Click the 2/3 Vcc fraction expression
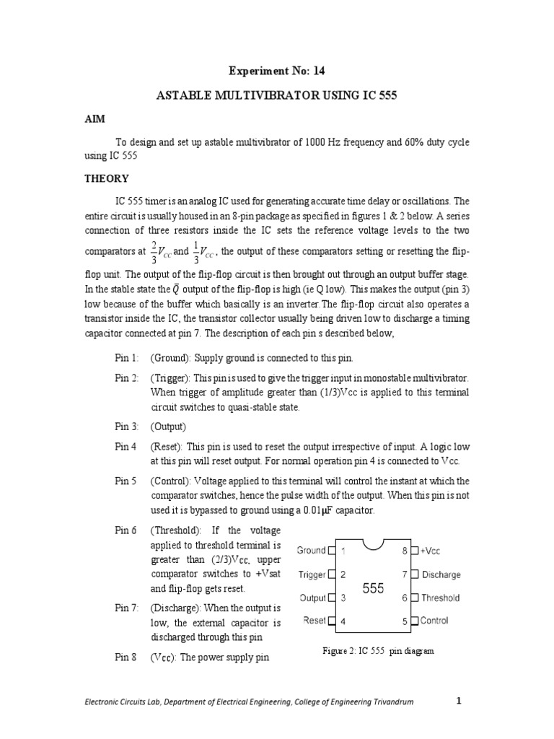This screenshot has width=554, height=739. coord(161,252)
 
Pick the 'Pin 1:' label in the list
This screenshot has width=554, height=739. coord(126,358)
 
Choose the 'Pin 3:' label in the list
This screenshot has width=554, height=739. coord(126,427)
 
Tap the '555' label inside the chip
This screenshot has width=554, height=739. coord(373,589)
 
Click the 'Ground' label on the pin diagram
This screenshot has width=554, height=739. coord(312,551)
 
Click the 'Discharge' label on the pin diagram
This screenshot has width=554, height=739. coord(441,575)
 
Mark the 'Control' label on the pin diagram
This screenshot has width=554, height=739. coord(434,621)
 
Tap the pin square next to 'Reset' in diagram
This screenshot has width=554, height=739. coord(332,621)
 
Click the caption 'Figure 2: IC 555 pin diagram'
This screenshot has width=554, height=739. coord(378,651)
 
